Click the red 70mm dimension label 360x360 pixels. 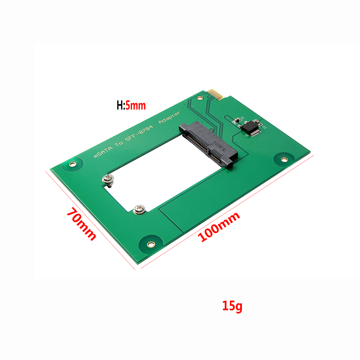pyautogui.click(x=81, y=225)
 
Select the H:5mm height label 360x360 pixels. pyautogui.click(x=131, y=105)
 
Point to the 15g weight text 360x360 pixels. pyautogui.click(x=232, y=306)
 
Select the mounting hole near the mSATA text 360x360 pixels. pyautogui.click(x=73, y=164)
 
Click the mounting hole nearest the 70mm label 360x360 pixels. pyautogui.click(x=150, y=244)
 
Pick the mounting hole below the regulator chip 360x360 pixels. pyautogui.click(x=284, y=159)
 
